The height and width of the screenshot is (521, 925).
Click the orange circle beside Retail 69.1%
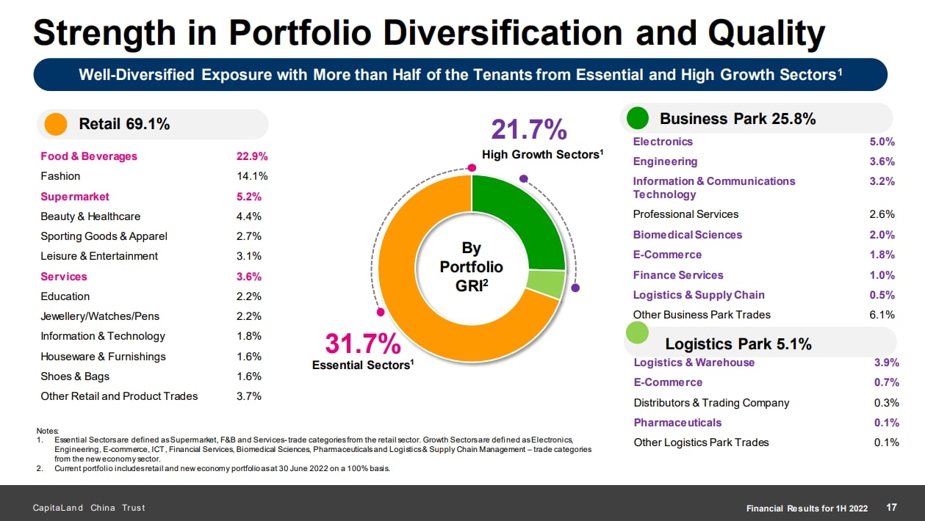click(56, 124)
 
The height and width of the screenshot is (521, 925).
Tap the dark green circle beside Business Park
click(638, 118)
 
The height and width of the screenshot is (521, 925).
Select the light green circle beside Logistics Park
click(638, 334)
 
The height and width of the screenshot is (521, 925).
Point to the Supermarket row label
click(75, 197)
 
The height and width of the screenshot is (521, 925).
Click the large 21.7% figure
click(529, 130)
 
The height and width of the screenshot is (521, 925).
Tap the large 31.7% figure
click(363, 343)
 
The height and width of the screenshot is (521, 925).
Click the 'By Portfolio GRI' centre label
click(471, 266)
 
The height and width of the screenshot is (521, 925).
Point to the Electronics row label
click(663, 142)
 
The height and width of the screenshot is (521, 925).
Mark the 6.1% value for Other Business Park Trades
click(882, 315)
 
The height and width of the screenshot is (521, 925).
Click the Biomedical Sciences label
click(688, 235)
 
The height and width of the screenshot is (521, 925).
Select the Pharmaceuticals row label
click(677, 423)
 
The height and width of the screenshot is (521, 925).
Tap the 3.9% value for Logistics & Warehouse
click(886, 362)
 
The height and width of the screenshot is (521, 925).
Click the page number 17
click(892, 508)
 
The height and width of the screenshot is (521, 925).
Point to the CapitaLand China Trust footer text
click(88, 508)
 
